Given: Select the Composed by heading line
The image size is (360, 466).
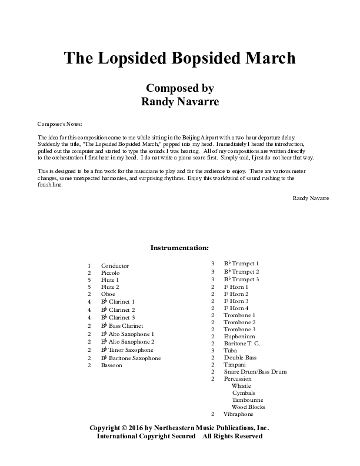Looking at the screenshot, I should pyautogui.click(x=179, y=88).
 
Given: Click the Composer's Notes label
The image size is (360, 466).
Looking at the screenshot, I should pyautogui.click(x=59, y=124).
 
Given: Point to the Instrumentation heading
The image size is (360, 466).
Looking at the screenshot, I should pyautogui.click(x=179, y=248).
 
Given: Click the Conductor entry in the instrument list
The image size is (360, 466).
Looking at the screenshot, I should pyautogui.click(x=115, y=266).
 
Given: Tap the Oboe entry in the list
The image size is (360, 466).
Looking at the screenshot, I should pyautogui.click(x=108, y=293).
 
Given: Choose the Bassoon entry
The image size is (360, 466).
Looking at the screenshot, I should pyautogui.click(x=111, y=365).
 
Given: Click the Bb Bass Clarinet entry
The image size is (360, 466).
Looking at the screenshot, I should pyautogui.click(x=122, y=325).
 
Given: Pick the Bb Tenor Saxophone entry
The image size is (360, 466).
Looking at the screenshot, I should pyautogui.click(x=127, y=349).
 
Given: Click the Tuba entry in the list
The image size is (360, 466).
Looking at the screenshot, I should pyautogui.click(x=230, y=350).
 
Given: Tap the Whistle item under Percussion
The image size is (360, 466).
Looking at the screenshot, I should pyautogui.click(x=241, y=385).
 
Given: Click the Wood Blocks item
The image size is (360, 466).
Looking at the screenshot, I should pyautogui.click(x=248, y=407).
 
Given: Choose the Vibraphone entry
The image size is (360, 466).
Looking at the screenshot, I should pyautogui.click(x=239, y=414).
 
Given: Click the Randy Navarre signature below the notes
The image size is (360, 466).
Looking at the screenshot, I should pyautogui.click(x=311, y=198).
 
